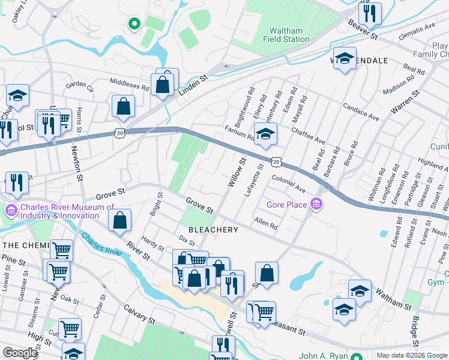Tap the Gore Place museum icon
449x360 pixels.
(316, 205)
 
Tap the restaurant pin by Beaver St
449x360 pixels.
(370, 13)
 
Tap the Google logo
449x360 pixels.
(20, 353)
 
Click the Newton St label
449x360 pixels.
(77, 163)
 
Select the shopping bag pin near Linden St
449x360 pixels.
(163, 83)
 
